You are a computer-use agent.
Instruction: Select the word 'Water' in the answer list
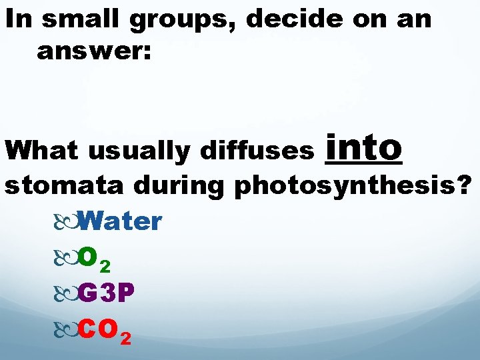pyautogui.click(x=119, y=221)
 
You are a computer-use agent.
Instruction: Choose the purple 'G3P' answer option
pyautogui.click(x=108, y=291)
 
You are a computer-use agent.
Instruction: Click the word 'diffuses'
pyautogui.click(x=257, y=151)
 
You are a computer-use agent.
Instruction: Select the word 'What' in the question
pyautogui.click(x=41, y=151)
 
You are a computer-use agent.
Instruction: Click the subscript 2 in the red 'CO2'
pyautogui.click(x=125, y=337)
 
